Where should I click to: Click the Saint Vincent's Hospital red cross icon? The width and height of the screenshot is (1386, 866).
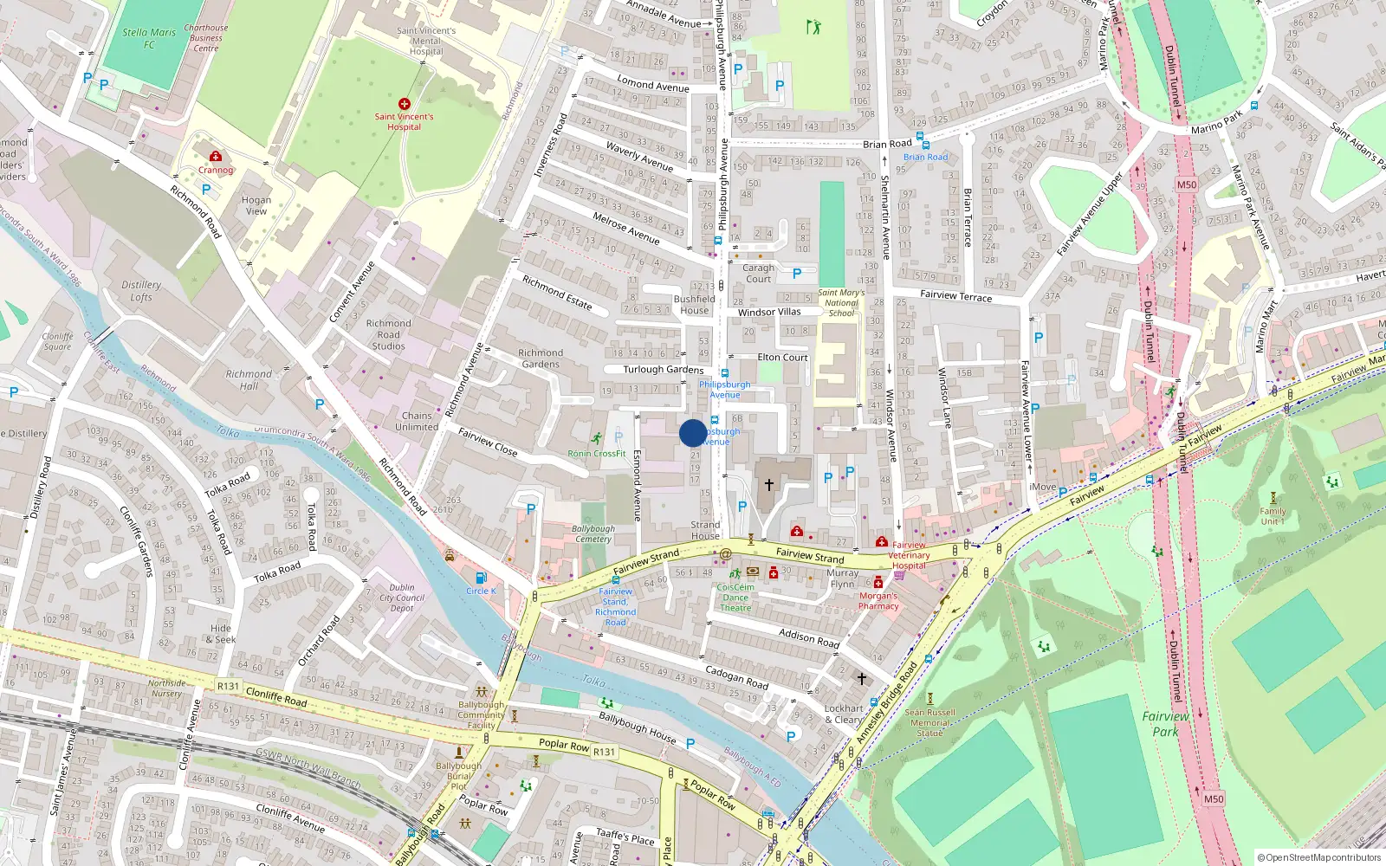404,104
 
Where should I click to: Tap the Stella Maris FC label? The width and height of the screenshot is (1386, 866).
149,38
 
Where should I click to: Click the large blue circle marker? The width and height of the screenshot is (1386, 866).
693,433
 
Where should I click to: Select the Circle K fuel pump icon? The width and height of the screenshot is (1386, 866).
481,578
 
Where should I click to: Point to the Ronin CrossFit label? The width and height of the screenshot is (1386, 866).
597,453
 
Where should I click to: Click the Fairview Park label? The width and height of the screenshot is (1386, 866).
1165,723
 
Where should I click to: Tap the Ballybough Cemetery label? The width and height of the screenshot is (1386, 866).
593,533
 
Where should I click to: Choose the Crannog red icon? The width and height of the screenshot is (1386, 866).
216,156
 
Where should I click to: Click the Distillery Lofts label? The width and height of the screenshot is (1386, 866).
141,290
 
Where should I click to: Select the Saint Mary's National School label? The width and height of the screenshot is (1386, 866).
841,302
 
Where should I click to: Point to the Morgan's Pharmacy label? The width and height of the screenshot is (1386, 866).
878,601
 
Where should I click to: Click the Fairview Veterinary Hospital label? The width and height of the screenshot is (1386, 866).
909,555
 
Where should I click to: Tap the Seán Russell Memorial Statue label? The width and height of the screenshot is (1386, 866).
929,722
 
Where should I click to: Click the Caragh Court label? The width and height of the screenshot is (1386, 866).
758,274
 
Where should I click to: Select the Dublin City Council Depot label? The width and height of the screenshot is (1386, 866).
402,598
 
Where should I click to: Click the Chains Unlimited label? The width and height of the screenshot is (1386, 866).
417,421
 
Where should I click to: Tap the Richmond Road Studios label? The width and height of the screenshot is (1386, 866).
388,334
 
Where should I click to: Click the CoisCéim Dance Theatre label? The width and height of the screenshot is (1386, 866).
735,598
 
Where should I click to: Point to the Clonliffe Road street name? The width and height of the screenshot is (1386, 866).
276,695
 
